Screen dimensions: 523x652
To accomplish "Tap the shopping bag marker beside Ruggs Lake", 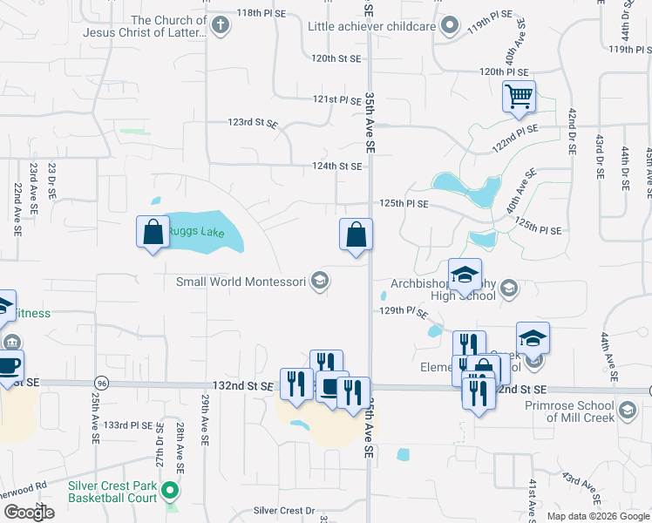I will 153,232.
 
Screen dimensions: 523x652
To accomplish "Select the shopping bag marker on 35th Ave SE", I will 356,234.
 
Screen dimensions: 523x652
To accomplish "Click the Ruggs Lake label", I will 196,233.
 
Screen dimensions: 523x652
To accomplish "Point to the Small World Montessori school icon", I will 320,281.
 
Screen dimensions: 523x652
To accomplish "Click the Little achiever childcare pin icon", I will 449,26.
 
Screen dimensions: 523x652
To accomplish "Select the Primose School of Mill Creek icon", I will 626,409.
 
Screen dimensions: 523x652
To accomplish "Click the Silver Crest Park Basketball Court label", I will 112,492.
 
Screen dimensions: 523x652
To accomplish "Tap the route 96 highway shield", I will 102,384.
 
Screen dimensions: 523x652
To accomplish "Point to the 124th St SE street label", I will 337,166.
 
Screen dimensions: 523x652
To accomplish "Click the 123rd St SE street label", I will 252,124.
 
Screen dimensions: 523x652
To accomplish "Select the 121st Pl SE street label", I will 337,100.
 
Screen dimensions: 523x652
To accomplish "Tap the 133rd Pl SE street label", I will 128,425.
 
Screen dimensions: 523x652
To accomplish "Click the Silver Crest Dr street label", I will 283,511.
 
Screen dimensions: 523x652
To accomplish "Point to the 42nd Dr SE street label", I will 572,132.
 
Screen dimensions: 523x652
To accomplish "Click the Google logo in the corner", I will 28,513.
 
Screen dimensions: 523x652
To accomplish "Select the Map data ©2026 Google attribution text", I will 598,516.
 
